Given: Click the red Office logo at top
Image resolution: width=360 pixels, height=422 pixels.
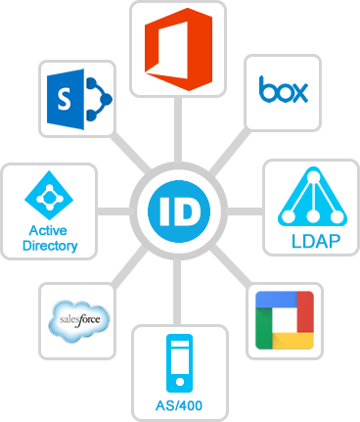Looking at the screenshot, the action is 179,46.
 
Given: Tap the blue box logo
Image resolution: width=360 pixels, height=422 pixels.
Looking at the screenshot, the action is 284,91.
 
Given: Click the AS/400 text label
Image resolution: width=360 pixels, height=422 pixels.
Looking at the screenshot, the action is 179,405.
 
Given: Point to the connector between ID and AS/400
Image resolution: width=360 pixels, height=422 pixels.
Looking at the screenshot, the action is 180,289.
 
